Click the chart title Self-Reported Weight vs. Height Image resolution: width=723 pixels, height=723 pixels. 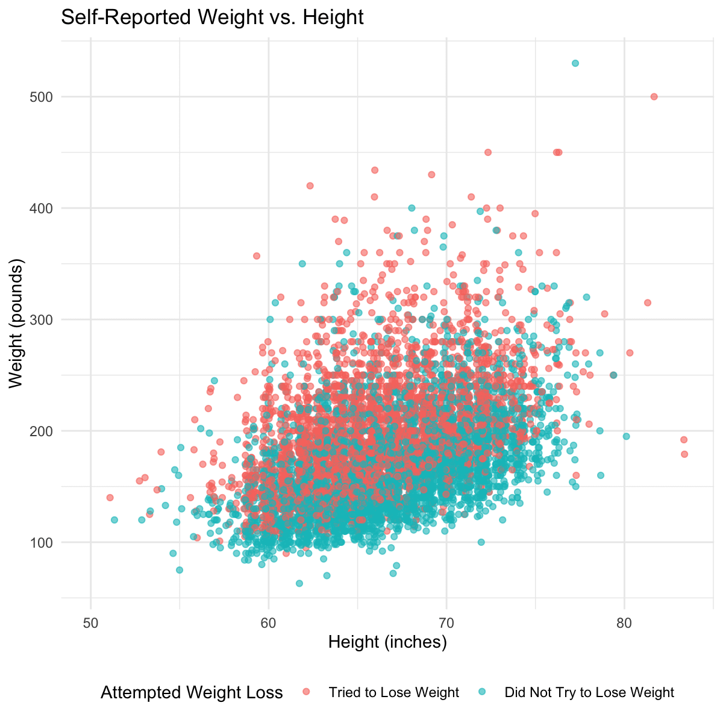click(212, 18)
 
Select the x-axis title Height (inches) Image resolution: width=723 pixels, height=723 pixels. click(387, 643)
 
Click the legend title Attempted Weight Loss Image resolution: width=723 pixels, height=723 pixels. click(192, 693)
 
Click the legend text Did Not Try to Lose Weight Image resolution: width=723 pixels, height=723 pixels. click(589, 693)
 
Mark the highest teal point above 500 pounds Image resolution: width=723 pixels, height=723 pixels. click(575, 63)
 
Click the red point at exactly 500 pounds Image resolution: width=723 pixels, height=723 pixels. click(654, 96)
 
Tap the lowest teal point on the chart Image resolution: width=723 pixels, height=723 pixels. click(299, 583)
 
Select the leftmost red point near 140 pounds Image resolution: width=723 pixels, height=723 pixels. click(110, 498)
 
